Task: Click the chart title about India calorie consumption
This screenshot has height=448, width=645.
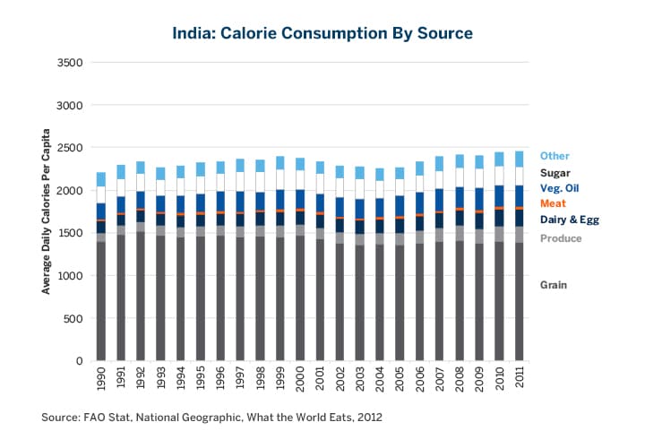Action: point(322,33)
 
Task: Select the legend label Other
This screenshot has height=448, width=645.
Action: point(555,156)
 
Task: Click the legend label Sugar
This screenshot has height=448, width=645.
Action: point(555,172)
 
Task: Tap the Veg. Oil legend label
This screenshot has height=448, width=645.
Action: point(561,188)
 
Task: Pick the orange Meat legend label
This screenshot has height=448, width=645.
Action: point(553,203)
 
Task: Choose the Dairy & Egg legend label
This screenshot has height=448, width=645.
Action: point(569,220)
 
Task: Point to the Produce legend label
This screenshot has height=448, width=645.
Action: point(561,238)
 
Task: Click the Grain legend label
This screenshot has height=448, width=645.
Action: point(555,285)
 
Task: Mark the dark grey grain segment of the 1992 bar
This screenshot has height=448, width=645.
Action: point(141,296)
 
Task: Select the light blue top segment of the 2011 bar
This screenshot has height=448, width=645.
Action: point(519,159)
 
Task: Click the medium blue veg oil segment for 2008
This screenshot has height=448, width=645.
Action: point(459,198)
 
